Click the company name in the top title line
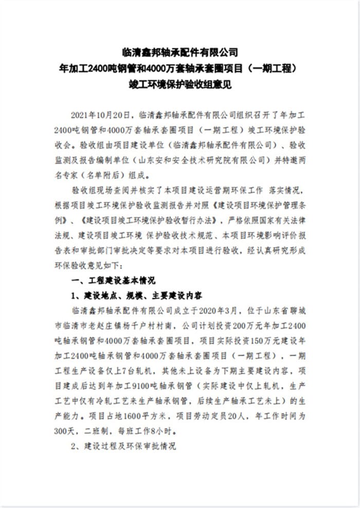(180, 51)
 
